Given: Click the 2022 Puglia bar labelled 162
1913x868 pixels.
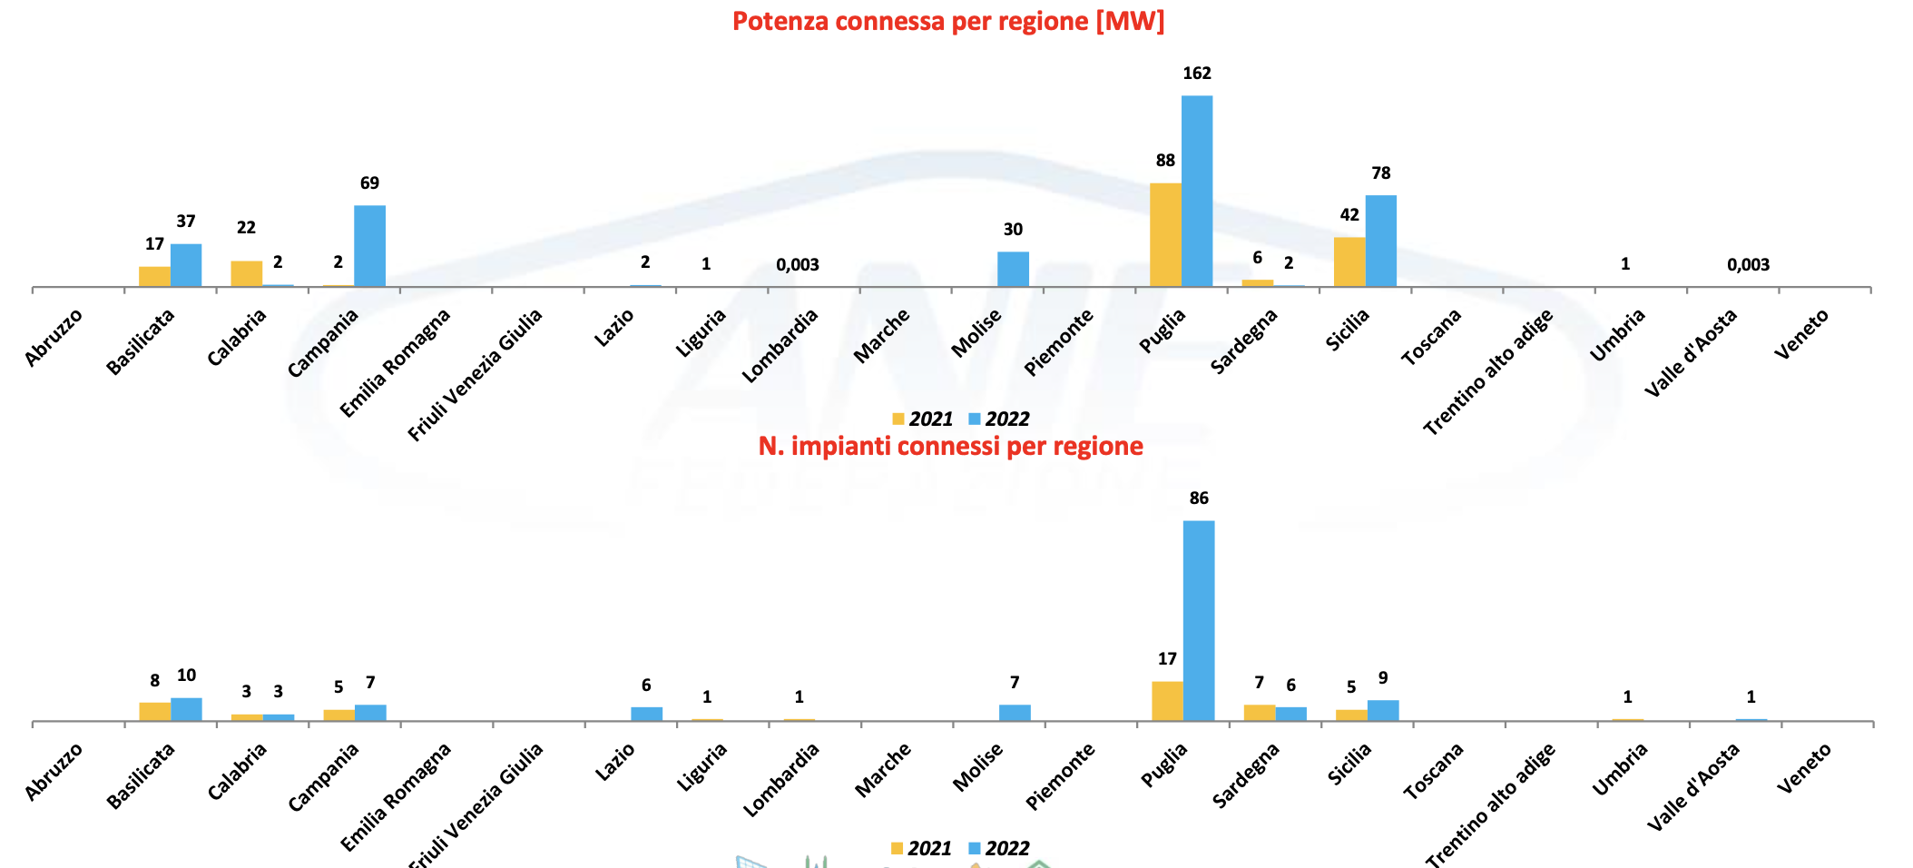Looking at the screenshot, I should pyautogui.click(x=1196, y=191).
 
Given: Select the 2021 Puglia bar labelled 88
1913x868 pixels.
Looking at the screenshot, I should pyautogui.click(x=1165, y=235).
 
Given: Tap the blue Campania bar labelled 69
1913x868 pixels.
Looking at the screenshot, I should pyautogui.click(x=369, y=246).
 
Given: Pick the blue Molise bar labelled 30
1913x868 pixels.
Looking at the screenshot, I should pyautogui.click(x=1013, y=269).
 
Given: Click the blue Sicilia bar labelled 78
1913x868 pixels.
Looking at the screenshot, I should pyautogui.click(x=1380, y=241).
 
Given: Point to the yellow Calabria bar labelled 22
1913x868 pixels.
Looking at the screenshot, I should pyautogui.click(x=246, y=273).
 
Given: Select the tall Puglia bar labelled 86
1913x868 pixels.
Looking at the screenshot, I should pyautogui.click(x=1198, y=621).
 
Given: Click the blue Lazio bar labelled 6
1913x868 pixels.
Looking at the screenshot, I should pyautogui.click(x=646, y=714).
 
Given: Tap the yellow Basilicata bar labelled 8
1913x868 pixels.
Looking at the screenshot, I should pyautogui.click(x=154, y=711).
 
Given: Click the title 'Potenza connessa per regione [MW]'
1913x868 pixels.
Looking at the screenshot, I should pyautogui.click(x=948, y=21).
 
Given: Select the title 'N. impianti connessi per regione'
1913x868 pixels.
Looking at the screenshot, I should pyautogui.click(x=950, y=446).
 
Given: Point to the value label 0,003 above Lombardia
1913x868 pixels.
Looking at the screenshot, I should pyautogui.click(x=797, y=265).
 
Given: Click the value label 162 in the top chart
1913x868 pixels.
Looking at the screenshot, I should pyautogui.click(x=1196, y=74).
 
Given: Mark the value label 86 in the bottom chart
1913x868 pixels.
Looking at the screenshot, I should pyautogui.click(x=1198, y=498).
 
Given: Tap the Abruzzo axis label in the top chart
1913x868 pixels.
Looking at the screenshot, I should pyautogui.click(x=54, y=338).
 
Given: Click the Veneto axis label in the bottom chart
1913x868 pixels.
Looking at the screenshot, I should pyautogui.click(x=1804, y=768).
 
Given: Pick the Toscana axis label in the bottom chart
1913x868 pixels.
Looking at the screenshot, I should pyautogui.click(x=1433, y=771).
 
